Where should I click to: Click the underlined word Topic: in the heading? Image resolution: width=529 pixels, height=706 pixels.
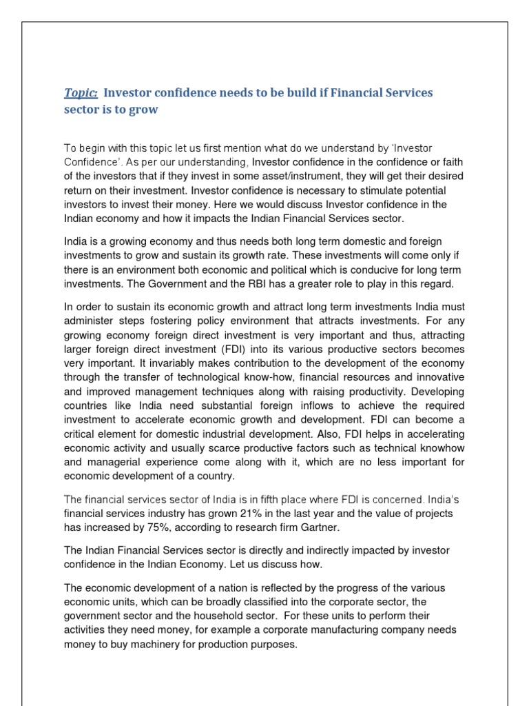81,93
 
